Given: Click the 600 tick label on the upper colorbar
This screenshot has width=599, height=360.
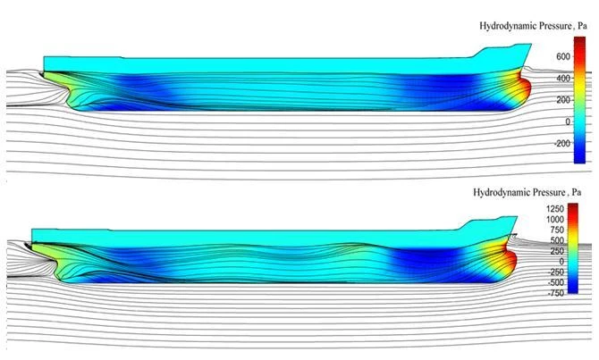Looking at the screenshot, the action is point(563,56).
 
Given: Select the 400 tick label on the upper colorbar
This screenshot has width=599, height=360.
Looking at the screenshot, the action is point(563,79).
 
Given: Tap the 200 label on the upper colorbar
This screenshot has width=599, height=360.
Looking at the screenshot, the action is point(563,100).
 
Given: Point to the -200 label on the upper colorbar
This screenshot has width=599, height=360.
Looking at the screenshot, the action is point(562,143).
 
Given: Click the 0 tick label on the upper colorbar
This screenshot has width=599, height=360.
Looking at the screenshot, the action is point(568,121).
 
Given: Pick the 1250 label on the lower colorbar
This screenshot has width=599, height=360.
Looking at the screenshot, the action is point(555,208).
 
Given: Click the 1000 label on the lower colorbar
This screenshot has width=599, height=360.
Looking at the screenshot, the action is point(555,219).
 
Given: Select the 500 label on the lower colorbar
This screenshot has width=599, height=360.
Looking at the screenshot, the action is point(557,240).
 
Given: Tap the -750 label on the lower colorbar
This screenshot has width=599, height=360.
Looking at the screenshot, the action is point(556,293).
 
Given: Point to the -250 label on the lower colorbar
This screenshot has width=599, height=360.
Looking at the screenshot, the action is point(556,272).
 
